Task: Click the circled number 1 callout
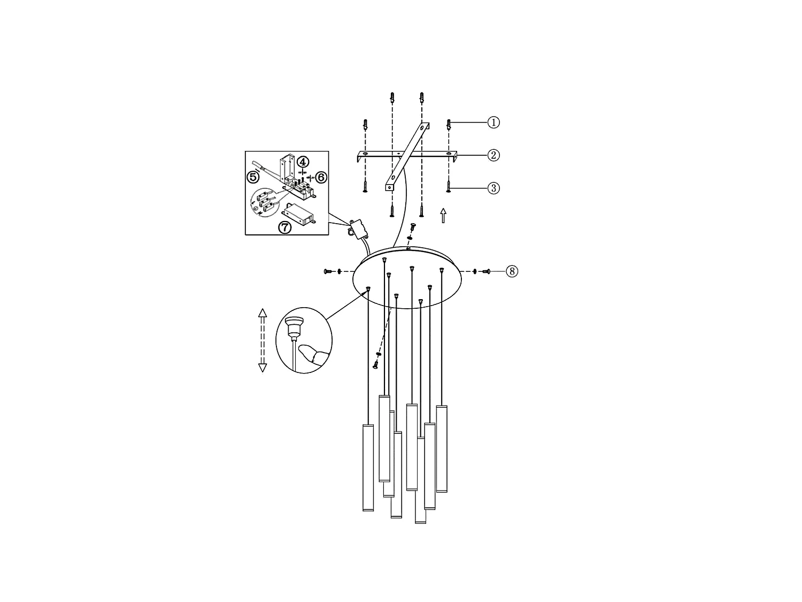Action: (493, 123)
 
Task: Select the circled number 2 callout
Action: (493, 155)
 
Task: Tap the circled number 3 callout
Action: (493, 188)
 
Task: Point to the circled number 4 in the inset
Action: (303, 161)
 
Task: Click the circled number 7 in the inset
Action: (285, 227)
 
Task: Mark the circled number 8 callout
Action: (512, 271)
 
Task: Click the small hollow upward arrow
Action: (443, 216)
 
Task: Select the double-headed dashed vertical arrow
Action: (262, 340)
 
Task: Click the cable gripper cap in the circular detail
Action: (293, 324)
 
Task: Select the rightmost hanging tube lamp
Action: (442, 448)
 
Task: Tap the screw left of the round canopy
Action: (328, 272)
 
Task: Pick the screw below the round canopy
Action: (375, 364)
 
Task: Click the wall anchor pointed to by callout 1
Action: (449, 125)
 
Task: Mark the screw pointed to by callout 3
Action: (449, 187)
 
